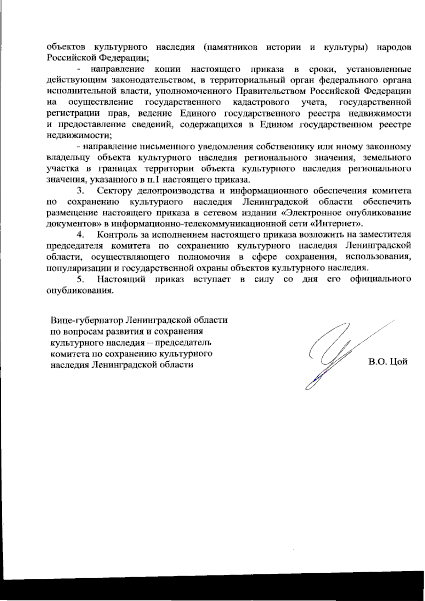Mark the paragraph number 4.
81,235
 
